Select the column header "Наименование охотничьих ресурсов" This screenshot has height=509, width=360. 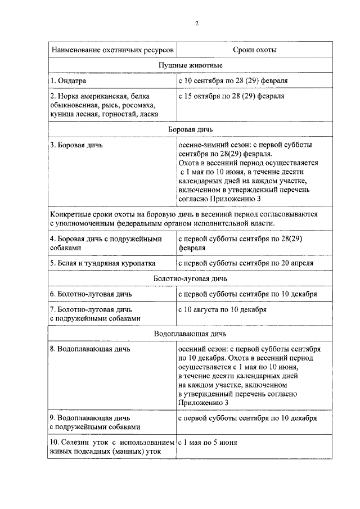click(x=110, y=50)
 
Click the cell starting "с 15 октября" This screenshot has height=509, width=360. click(x=231, y=96)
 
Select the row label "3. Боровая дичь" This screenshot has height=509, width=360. click(x=76, y=145)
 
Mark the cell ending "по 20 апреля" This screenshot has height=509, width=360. click(x=246, y=263)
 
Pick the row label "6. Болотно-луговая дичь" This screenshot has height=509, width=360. click(x=91, y=294)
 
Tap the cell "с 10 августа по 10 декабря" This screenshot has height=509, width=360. click(x=223, y=309)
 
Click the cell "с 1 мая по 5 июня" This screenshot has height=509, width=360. click(x=208, y=442)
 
